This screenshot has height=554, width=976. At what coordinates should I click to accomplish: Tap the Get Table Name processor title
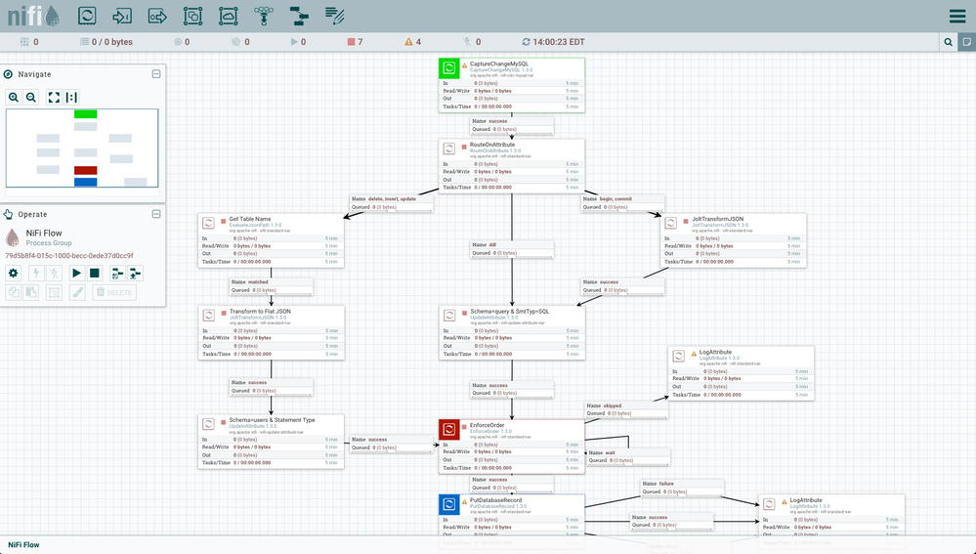(x=250, y=220)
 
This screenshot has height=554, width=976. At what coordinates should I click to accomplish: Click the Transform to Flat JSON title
(x=260, y=311)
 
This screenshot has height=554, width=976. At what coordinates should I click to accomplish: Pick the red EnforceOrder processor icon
(x=449, y=429)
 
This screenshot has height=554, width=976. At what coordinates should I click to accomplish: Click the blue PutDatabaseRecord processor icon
(x=449, y=504)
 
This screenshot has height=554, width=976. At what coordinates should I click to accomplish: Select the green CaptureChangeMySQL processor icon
(x=449, y=68)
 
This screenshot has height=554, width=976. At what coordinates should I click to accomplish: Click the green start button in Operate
(x=76, y=273)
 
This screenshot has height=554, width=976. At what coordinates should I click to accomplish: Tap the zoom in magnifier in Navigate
(x=14, y=97)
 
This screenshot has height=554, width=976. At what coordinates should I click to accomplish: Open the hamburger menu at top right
(x=956, y=17)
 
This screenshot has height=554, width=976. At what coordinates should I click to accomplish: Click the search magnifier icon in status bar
(x=948, y=42)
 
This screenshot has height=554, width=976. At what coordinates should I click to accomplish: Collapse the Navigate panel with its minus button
(x=156, y=73)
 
